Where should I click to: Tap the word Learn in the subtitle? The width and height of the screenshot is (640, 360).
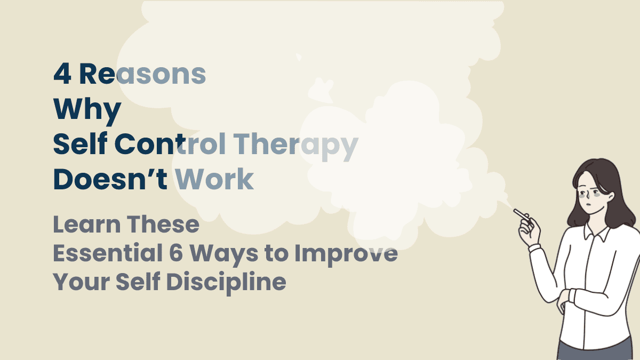click(x=86, y=225)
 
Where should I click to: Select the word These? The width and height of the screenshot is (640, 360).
click(x=163, y=225)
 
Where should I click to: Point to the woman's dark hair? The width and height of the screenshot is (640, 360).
click(x=613, y=192)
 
